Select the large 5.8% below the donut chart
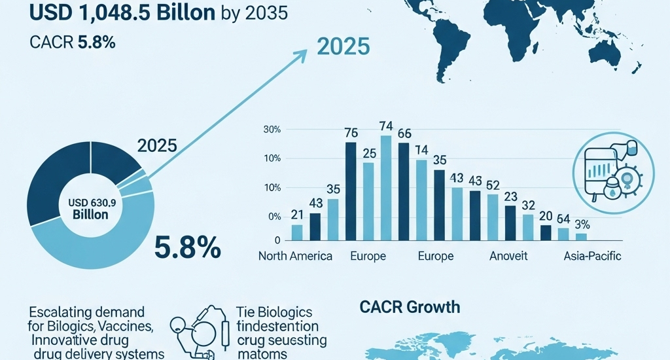click(187, 248)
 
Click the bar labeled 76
click(351, 190)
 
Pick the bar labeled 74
click(386, 187)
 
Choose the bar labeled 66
click(404, 190)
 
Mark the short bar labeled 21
click(297, 232)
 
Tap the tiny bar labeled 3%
click(581, 236)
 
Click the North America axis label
click(295, 256)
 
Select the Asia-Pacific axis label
click(592, 256)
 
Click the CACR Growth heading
click(409, 306)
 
